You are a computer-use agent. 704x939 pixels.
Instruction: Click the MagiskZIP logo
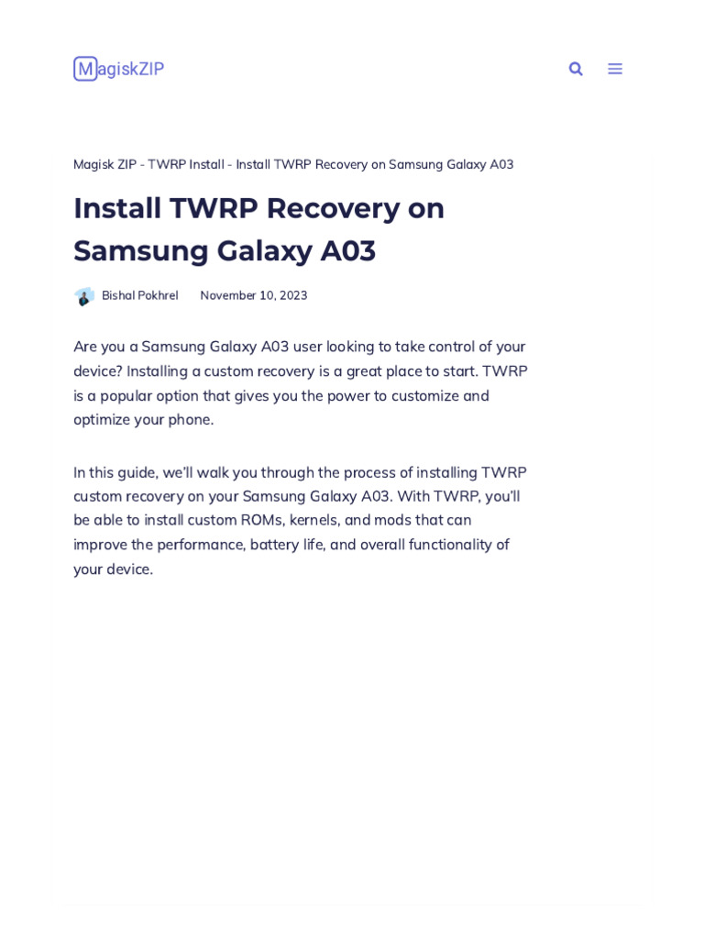click(x=118, y=69)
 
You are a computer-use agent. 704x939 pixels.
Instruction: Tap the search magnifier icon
click(x=576, y=69)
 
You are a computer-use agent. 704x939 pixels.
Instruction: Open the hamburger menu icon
click(x=615, y=69)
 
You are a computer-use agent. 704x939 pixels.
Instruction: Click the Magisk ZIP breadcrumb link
click(x=104, y=165)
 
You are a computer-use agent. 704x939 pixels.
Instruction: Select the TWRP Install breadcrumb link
click(x=186, y=165)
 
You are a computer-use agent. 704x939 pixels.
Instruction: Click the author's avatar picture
click(x=84, y=296)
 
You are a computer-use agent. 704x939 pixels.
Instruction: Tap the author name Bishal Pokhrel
click(x=139, y=296)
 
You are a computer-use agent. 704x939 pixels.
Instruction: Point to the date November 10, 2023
click(x=254, y=296)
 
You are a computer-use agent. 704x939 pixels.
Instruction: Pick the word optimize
click(x=103, y=420)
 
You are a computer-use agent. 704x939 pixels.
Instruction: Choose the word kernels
click(x=313, y=521)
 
